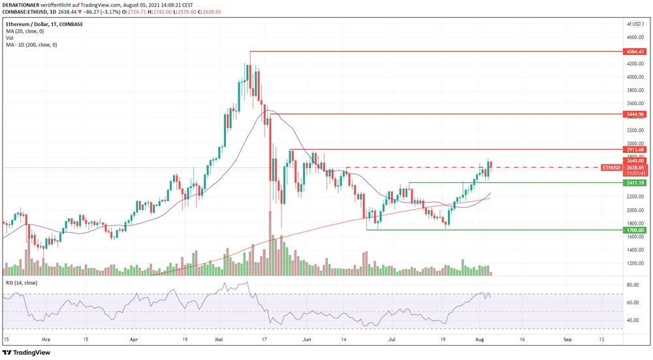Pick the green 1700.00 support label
(x=634, y=230)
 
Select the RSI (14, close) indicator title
(x=23, y=282)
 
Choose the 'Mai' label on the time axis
(x=219, y=340)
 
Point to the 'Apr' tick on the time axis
(x=135, y=340)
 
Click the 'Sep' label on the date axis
(x=567, y=340)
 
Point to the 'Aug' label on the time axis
(x=479, y=340)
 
